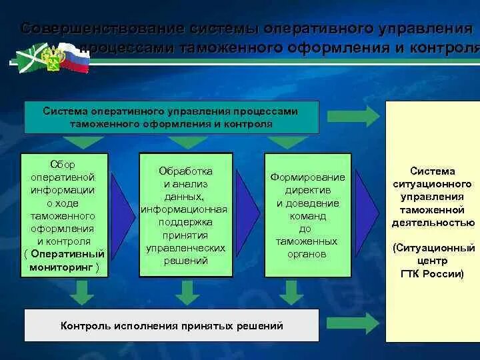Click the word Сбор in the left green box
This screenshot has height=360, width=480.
[63, 164]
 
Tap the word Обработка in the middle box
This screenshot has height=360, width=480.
[185, 171]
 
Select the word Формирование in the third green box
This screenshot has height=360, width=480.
[307, 177]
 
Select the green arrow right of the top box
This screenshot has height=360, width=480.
[353, 116]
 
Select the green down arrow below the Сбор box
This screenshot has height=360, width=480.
[83, 291]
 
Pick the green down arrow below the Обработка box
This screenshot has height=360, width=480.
[187, 291]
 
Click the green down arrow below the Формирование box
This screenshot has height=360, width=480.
[290, 291]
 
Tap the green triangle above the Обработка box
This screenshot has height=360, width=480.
[187, 142]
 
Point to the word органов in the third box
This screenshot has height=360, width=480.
[307, 254]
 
